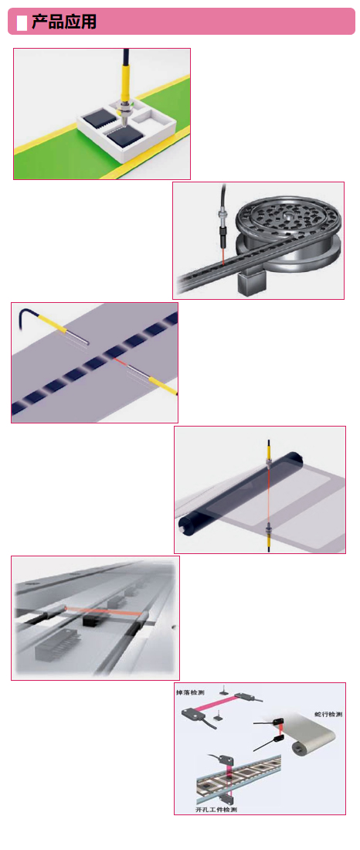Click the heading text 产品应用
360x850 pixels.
point(64,22)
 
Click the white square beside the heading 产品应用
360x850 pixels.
point(22,22)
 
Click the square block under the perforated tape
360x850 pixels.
point(251,282)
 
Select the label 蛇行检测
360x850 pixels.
point(328,715)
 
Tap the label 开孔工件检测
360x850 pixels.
point(216,809)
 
